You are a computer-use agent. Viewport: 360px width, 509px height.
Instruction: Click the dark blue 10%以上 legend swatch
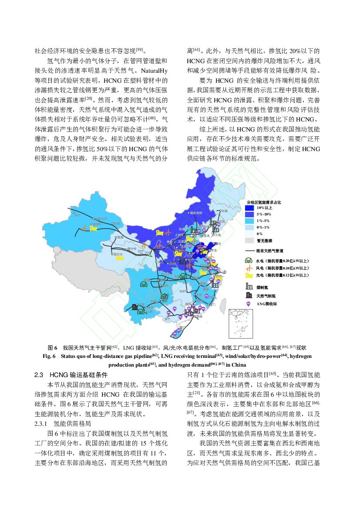click(250, 208)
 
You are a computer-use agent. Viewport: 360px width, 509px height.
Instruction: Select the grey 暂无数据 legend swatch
click(250, 240)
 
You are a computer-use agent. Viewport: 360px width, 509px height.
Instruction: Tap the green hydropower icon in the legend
click(249, 260)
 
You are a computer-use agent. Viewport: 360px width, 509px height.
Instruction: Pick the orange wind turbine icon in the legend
click(249, 268)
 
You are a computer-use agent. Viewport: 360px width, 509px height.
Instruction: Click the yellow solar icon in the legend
click(249, 275)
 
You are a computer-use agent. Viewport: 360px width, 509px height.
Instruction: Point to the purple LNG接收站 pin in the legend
click(249, 303)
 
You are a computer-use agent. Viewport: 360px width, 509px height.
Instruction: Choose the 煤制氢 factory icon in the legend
click(249, 287)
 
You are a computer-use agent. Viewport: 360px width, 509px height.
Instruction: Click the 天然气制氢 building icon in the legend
click(249, 295)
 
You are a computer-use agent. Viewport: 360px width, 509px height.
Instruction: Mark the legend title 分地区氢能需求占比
click(264, 202)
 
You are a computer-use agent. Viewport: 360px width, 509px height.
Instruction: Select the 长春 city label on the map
click(225, 211)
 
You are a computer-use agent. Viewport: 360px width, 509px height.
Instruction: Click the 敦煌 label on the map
click(119, 237)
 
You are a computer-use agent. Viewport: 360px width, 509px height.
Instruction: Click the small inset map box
click(241, 323)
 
